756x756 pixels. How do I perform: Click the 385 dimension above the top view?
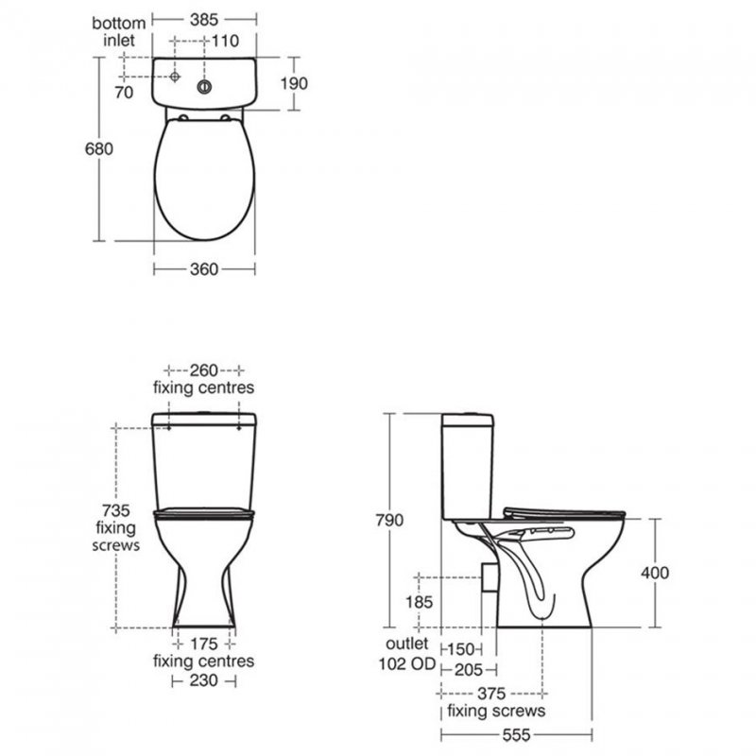[205, 17]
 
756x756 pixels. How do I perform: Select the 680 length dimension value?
[100, 149]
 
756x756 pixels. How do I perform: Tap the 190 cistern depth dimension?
[294, 83]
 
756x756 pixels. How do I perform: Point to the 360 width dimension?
[204, 269]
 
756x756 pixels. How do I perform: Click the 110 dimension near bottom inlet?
[225, 41]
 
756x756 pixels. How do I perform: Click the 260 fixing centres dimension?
[203, 369]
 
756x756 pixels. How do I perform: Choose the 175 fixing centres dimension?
[204, 644]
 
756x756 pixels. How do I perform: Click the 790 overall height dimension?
[389, 521]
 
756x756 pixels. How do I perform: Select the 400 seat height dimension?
[653, 573]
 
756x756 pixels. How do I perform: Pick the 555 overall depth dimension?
[515, 734]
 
